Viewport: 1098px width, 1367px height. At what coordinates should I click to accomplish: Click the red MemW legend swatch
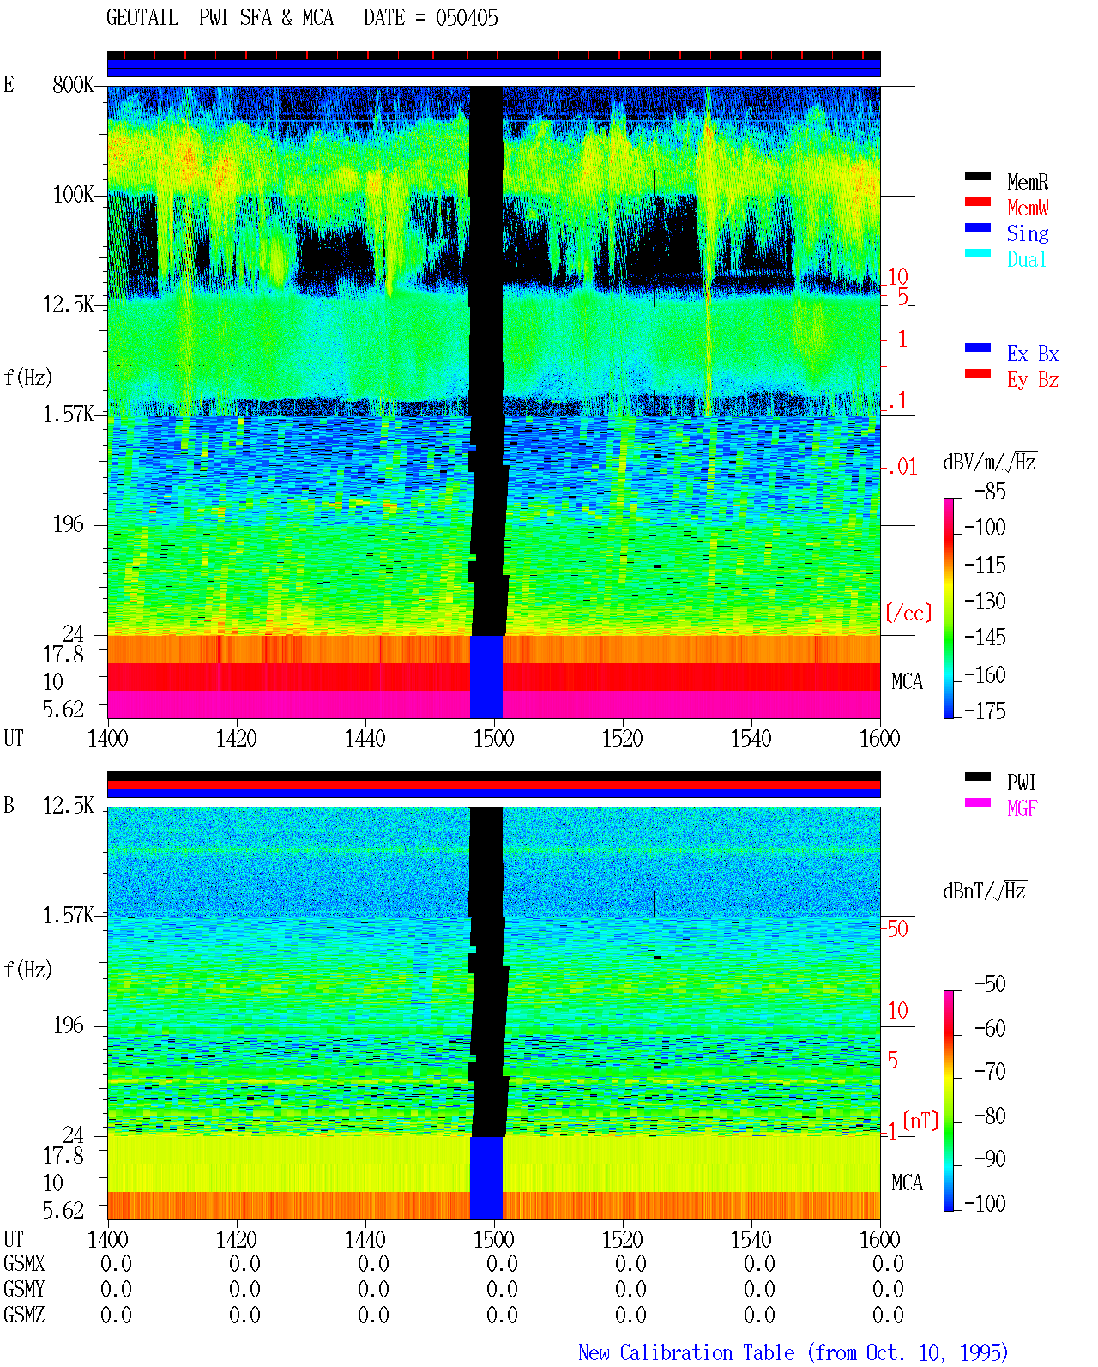click(977, 202)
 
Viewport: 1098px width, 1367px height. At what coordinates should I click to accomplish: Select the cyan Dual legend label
click(1026, 259)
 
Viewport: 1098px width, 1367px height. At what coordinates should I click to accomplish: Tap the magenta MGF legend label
click(1022, 808)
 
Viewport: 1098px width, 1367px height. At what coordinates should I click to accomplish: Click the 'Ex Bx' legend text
click(1032, 354)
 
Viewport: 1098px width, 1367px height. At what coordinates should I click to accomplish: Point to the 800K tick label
click(73, 84)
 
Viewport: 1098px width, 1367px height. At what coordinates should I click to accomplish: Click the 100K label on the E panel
click(73, 195)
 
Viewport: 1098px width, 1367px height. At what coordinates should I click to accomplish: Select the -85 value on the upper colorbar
click(990, 492)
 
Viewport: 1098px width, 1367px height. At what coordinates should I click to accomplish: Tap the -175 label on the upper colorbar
click(985, 711)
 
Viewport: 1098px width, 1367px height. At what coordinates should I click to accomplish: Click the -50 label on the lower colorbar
click(990, 984)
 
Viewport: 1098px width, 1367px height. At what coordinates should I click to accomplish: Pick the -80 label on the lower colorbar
click(990, 1116)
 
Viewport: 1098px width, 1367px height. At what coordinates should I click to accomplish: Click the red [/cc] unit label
click(908, 613)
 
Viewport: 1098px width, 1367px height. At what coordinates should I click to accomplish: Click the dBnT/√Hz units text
click(984, 892)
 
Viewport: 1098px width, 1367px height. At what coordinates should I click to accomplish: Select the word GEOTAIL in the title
click(142, 18)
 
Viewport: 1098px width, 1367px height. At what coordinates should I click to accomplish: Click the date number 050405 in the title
click(467, 18)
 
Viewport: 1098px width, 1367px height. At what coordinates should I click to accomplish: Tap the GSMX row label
click(24, 1263)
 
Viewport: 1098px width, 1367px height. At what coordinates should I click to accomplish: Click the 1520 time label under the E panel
click(623, 738)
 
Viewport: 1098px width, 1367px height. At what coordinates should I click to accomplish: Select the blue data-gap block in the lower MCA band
click(486, 1177)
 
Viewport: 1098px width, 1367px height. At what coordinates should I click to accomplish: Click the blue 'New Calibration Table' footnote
click(686, 1352)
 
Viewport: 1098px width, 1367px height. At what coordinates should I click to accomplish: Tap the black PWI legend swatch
click(977, 777)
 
